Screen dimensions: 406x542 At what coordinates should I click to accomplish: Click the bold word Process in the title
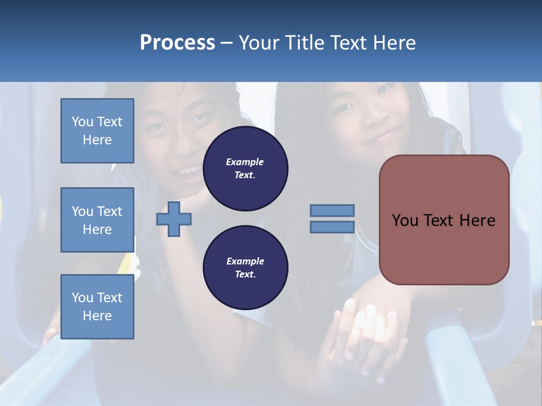[177, 43]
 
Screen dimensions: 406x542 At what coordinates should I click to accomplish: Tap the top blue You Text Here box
[97, 131]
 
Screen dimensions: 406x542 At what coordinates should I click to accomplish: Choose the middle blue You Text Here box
[97, 220]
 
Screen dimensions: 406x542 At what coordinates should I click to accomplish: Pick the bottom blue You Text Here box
[97, 307]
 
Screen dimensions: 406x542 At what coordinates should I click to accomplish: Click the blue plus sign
[174, 219]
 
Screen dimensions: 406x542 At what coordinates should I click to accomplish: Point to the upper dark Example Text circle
[246, 169]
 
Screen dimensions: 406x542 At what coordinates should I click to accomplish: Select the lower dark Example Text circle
[246, 268]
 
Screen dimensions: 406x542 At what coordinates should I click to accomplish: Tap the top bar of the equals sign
[332, 210]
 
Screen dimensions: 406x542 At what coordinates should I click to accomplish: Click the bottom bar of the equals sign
[332, 227]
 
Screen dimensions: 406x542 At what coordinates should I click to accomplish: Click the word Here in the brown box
[477, 220]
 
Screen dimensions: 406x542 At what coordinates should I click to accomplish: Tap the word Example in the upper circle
[245, 162]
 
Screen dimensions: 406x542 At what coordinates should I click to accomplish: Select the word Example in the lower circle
[245, 261]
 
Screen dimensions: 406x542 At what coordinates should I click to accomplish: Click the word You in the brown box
[405, 220]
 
